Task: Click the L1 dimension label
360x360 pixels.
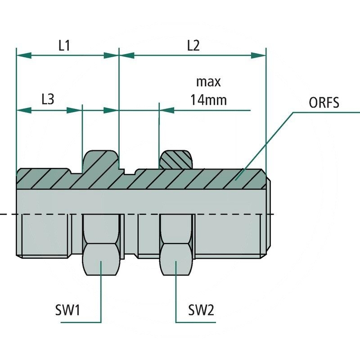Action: click(x=64, y=45)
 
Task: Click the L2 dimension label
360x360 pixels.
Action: click(x=193, y=45)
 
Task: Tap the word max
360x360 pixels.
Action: click(x=208, y=82)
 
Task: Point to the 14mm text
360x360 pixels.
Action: click(x=208, y=99)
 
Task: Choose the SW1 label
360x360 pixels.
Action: click(x=67, y=310)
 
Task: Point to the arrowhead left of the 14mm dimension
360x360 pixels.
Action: click(x=167, y=110)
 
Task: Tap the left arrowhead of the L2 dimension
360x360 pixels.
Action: click(x=126, y=55)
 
